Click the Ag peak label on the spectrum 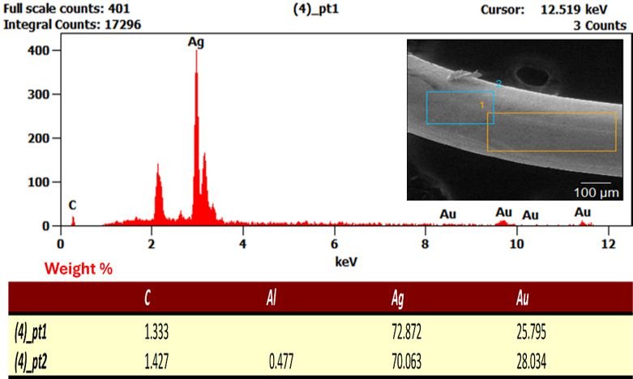pos(196,42)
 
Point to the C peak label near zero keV pos(72,205)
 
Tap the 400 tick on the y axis pos(38,50)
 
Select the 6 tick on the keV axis pos(334,244)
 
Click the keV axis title pos(346,262)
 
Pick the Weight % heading pos(79,269)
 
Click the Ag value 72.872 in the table pos(407,332)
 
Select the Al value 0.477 pos(281,361)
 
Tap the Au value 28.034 pos(531,361)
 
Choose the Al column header pos(272,298)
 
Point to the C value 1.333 pos(156,332)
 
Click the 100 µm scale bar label pos(597,192)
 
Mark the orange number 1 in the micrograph pos(481,105)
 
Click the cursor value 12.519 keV pos(574,9)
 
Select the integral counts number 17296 pos(122,24)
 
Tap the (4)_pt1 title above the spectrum pos(316,9)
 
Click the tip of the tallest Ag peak pos(197,50)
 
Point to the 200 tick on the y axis pos(38,138)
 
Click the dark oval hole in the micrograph pos(532,76)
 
